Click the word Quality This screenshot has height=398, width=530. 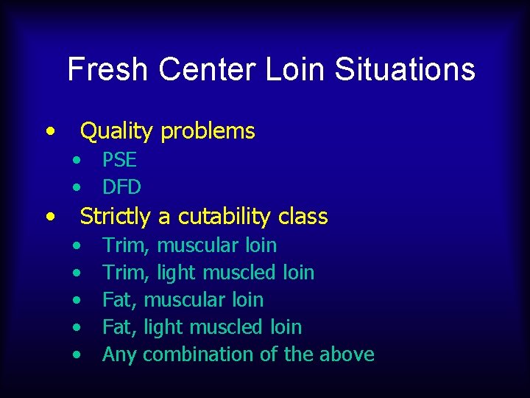(x=117, y=131)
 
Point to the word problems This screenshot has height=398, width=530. (x=208, y=131)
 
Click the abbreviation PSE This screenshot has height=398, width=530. (x=119, y=160)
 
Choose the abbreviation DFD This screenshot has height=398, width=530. (x=121, y=187)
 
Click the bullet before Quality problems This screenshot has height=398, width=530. (x=49, y=131)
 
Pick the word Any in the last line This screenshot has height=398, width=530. (x=120, y=355)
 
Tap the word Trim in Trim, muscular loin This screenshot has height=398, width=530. (x=126, y=245)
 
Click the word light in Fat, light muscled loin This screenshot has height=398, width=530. (x=161, y=327)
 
